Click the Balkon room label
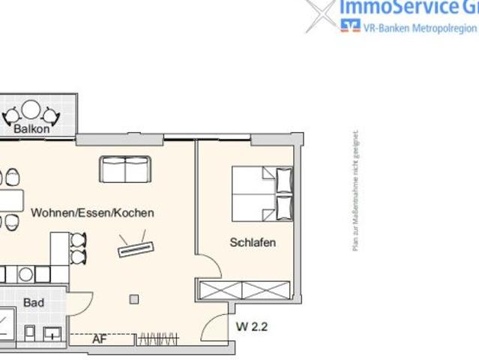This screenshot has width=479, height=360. click(x=31, y=128)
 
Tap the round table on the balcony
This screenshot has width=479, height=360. click(x=31, y=110)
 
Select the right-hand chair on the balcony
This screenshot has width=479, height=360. click(x=50, y=115)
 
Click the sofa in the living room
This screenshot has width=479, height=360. click(x=125, y=169)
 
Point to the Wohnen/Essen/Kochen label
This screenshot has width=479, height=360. click(x=92, y=213)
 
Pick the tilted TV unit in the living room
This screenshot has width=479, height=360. click(x=136, y=247)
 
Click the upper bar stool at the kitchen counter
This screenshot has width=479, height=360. click(x=78, y=240)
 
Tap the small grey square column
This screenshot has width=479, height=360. click(x=133, y=299)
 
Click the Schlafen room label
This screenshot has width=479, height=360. click(x=253, y=242)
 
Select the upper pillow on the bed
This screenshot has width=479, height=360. click(x=284, y=179)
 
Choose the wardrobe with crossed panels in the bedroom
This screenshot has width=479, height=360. click(x=244, y=289)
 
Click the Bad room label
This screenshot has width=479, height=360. click(x=34, y=303)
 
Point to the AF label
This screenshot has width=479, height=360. click(x=99, y=339)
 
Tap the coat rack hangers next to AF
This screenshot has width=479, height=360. click(x=158, y=339)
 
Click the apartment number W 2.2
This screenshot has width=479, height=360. click(x=252, y=327)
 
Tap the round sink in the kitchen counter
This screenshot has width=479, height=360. click(x=25, y=274)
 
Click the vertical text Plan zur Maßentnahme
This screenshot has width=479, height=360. click(x=356, y=191)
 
